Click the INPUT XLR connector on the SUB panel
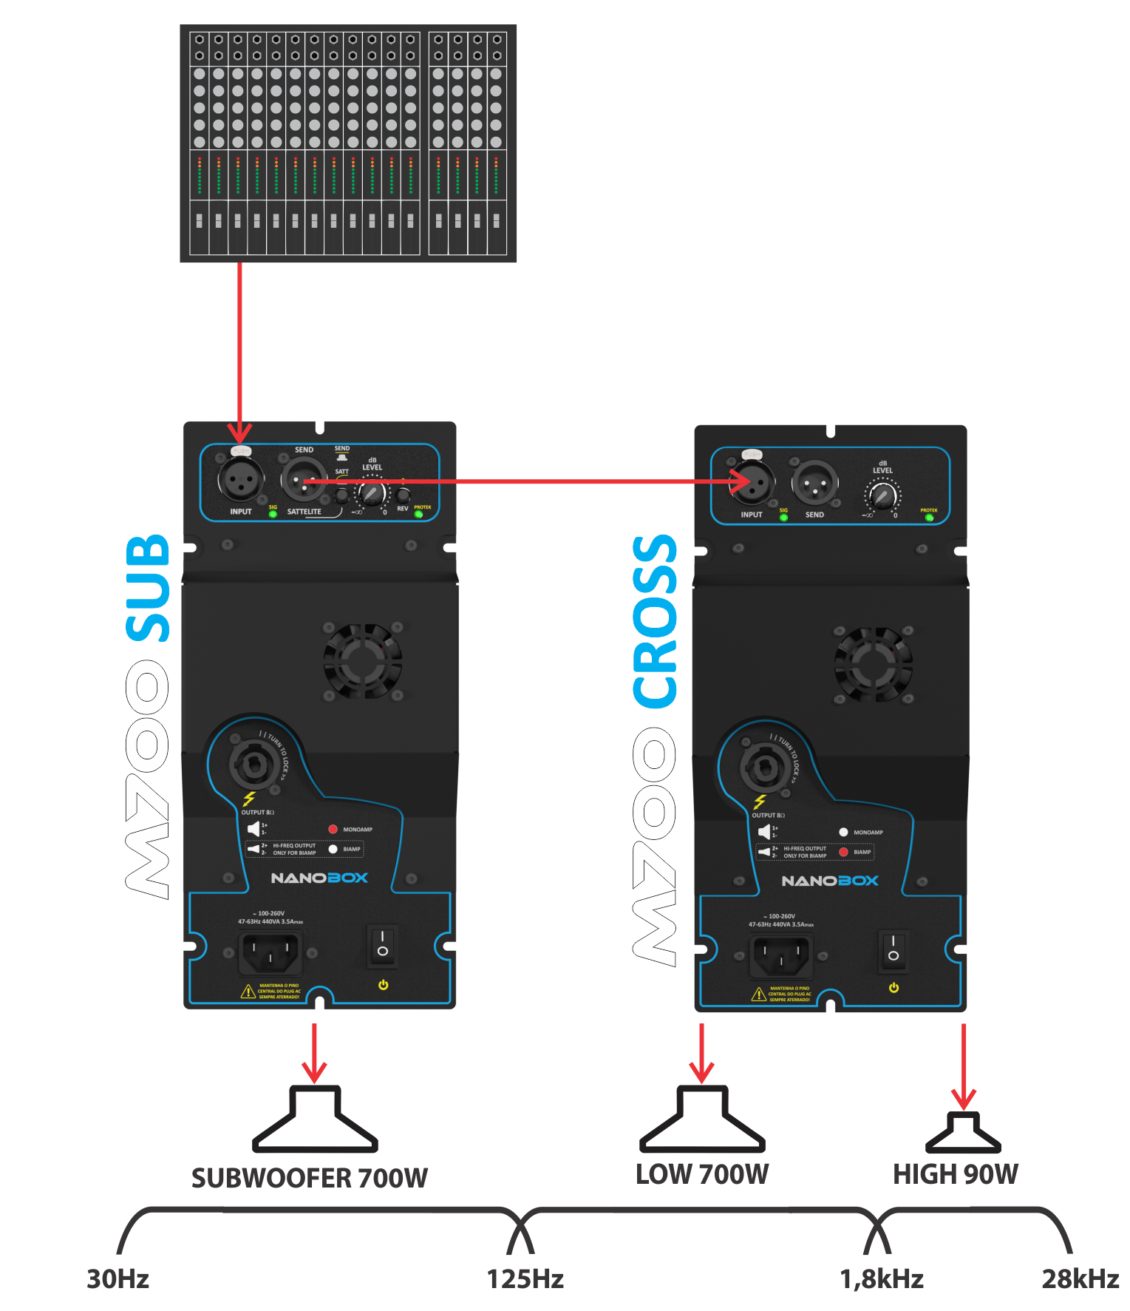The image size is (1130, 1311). pos(241,481)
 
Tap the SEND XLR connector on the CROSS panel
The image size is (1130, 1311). pos(814,484)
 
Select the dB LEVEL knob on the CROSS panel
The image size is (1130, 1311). pos(882,496)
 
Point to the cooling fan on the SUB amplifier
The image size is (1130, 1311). pos(362,661)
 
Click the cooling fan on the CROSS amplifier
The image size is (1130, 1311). pos(873,664)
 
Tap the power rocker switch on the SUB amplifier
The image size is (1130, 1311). pos(383,944)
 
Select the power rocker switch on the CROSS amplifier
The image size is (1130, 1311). pos(894,948)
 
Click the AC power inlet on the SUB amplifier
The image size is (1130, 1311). pos(270,953)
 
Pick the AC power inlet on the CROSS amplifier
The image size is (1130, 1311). pos(780,956)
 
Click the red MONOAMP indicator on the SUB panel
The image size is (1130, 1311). pos(333,830)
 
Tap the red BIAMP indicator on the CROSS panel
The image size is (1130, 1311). pos(843,852)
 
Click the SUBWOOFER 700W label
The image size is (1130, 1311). pos(310,1178)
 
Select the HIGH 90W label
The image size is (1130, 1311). pos(956,1174)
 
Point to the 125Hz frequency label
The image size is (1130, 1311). pos(525,1278)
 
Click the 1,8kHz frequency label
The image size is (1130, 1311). pos(882,1278)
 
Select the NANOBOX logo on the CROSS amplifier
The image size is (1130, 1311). pos(830,881)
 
